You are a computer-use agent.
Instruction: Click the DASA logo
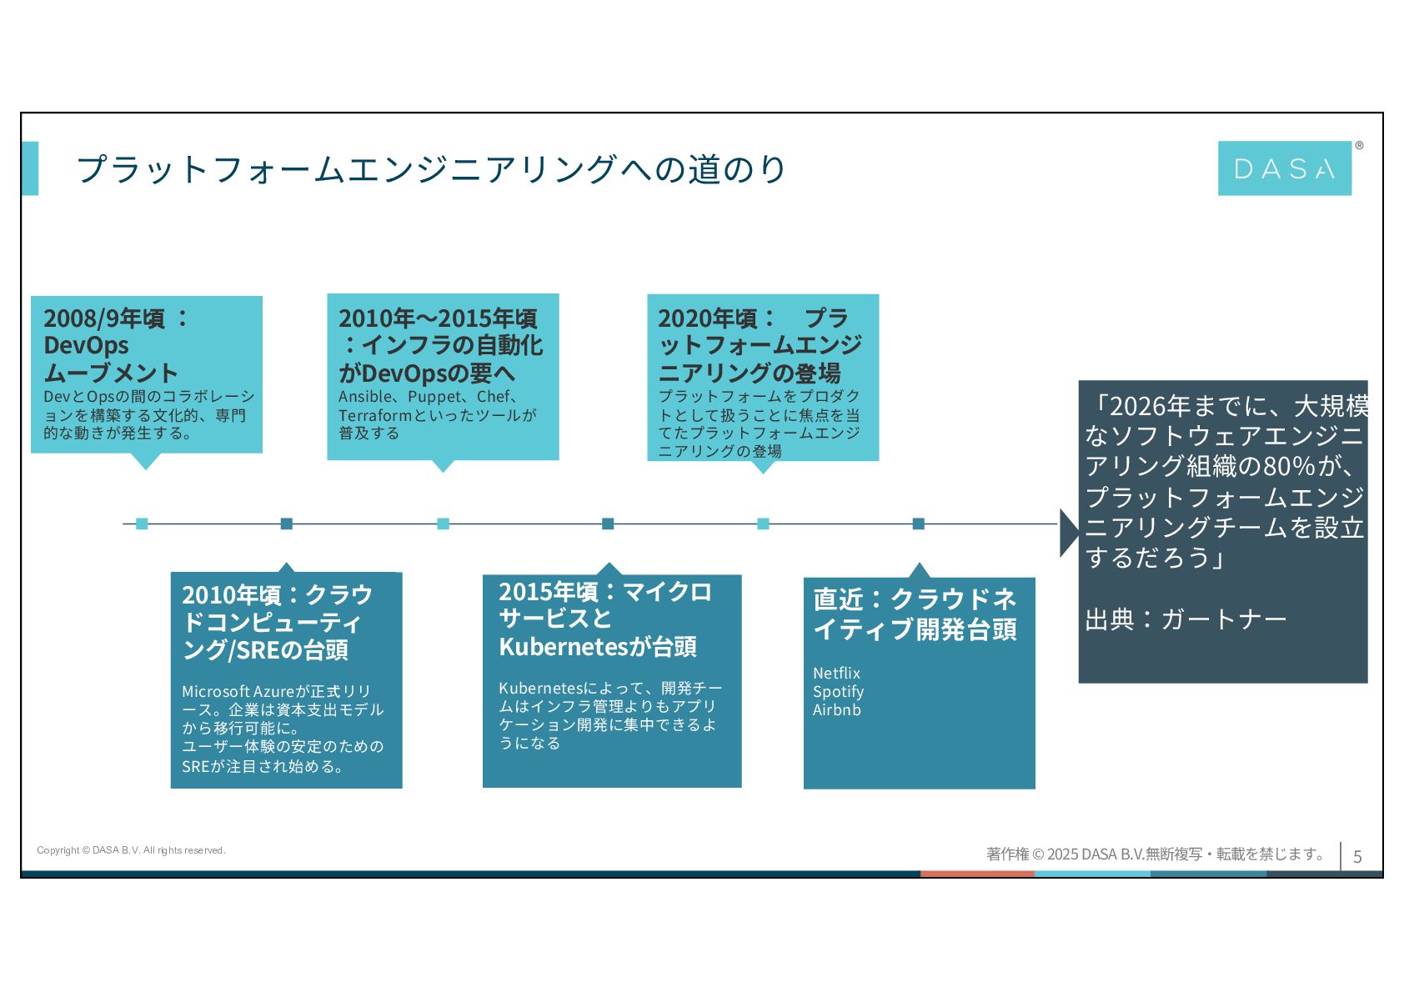tap(1284, 168)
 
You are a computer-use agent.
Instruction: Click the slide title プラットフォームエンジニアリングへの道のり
tap(430, 169)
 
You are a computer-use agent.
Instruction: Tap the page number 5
tap(1357, 856)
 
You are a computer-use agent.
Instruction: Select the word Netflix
tap(836, 673)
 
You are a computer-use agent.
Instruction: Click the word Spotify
tap(838, 692)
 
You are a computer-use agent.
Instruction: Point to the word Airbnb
tap(836, 710)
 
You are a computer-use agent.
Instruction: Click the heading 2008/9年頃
tap(105, 318)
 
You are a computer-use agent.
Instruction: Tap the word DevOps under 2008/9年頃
tap(86, 345)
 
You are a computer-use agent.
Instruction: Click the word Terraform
tap(375, 415)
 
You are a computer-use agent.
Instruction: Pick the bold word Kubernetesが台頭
tap(597, 647)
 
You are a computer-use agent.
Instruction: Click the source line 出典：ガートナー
tap(1186, 619)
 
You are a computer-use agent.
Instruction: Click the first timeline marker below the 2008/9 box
tap(142, 524)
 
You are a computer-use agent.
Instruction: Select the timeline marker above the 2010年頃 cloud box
tap(287, 524)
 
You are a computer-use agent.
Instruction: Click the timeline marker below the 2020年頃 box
tap(763, 524)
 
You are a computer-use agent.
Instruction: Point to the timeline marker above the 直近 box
tap(918, 524)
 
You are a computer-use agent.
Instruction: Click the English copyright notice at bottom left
tap(131, 850)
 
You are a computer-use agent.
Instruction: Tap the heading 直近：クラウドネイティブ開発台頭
tap(915, 614)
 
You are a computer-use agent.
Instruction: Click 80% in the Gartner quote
tap(1289, 467)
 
